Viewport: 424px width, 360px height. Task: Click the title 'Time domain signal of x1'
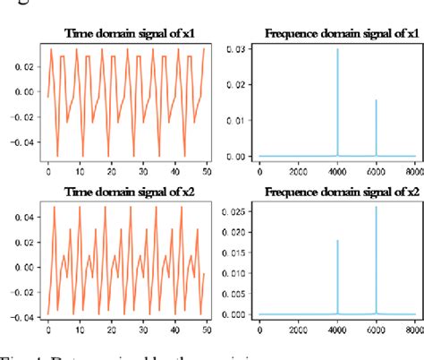tap(124, 34)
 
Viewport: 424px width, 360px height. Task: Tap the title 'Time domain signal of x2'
tap(124, 192)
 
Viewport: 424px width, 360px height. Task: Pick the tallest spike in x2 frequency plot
tap(376, 260)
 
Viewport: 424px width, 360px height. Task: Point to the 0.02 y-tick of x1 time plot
tap(25, 66)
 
